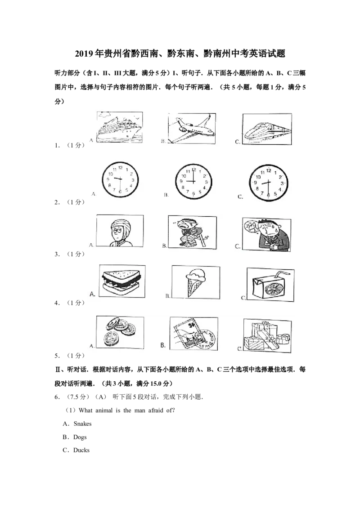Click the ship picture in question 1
click(x=120, y=127)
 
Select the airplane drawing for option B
click(x=192, y=128)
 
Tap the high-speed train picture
click(x=267, y=129)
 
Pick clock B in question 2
click(x=193, y=181)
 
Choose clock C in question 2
click(x=268, y=183)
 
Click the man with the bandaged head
click(x=120, y=231)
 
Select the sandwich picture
click(x=122, y=281)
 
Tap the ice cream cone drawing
click(x=196, y=282)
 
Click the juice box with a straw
click(x=270, y=284)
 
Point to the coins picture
click(x=120, y=332)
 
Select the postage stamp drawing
click(x=193, y=334)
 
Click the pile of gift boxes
click(x=267, y=335)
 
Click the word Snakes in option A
click(x=82, y=424)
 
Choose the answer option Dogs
click(x=80, y=437)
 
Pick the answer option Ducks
click(x=81, y=450)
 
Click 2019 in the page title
click(x=85, y=54)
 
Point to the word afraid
click(x=156, y=411)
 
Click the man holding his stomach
click(x=266, y=234)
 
